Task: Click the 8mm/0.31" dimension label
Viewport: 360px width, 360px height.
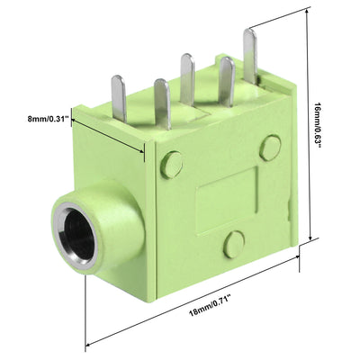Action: pyautogui.click(x=46, y=119)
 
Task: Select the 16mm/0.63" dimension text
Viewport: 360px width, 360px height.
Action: pyautogui.click(x=318, y=125)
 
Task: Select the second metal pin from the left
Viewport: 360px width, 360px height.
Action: pyautogui.click(x=162, y=103)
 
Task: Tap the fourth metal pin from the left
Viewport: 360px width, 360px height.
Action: pyautogui.click(x=227, y=82)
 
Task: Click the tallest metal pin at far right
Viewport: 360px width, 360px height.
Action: pyautogui.click(x=250, y=56)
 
